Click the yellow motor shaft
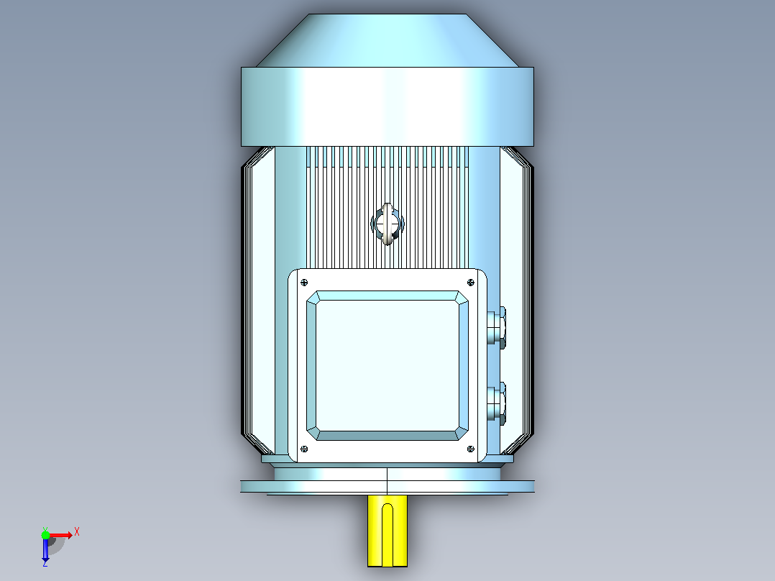387,531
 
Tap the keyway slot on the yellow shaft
387,534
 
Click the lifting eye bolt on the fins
387,224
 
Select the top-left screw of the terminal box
304,283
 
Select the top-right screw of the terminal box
470,283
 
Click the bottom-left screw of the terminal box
304,449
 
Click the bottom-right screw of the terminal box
470,449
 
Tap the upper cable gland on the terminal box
496,327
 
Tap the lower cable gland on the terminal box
496,403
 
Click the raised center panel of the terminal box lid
387,365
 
